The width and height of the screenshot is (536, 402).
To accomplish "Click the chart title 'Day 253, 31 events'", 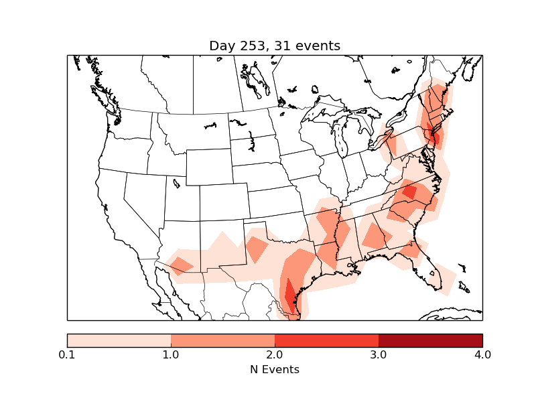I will pos(275,46).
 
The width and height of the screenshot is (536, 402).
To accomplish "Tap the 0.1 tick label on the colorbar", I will pos(67,354).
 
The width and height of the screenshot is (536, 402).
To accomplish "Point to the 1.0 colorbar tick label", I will pos(171,354).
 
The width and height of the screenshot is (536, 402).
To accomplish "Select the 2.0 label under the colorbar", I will pos(275,354).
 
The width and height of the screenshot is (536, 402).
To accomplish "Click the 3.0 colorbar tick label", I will pos(379,354).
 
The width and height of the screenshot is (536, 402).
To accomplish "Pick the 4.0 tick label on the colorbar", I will pos(482,354).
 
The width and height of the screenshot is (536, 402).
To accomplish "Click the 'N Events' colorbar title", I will pos(275,369).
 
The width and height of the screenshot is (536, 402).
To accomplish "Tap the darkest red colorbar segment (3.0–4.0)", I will pos(430,340).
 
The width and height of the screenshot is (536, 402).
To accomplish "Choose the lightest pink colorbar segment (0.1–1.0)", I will pos(119,340).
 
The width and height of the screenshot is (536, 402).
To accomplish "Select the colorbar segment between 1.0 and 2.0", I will pos(222,340).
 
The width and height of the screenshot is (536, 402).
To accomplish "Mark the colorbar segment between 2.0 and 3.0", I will pos(326,340).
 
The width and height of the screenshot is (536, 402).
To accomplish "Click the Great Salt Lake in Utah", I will pos(176,182).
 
